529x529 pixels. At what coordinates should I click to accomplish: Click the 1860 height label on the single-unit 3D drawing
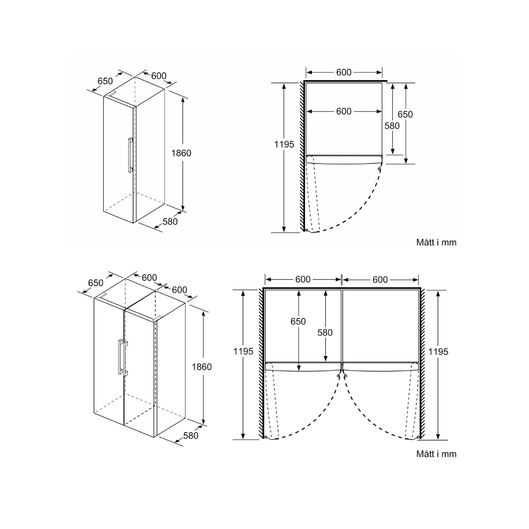tap(181, 153)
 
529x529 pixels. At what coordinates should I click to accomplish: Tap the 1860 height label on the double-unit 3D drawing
tap(202, 367)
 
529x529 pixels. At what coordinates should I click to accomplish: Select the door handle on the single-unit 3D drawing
tap(130, 155)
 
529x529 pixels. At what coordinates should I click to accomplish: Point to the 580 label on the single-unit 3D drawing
tap(170, 221)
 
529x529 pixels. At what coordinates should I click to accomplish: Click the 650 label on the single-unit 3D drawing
tap(105, 81)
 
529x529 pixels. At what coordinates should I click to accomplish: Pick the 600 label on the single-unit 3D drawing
tap(159, 76)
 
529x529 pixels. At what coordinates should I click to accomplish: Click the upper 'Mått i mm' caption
tap(436, 242)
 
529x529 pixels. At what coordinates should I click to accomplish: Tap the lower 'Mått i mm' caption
tap(436, 454)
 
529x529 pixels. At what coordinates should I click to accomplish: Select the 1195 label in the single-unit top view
tap(284, 144)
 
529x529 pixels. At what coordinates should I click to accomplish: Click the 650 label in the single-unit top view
tap(405, 114)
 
